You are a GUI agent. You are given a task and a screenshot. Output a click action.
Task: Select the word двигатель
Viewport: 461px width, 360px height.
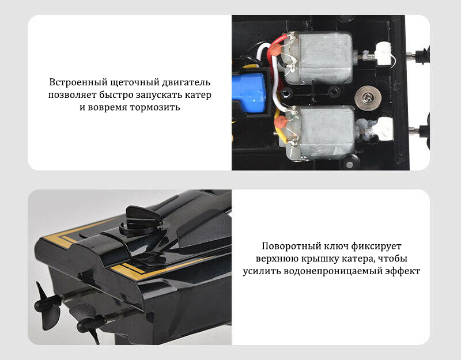186,82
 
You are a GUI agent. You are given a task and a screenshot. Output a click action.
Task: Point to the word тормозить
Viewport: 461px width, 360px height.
154,107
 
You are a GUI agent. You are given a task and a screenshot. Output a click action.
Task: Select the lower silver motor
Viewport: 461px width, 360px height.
320,132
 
